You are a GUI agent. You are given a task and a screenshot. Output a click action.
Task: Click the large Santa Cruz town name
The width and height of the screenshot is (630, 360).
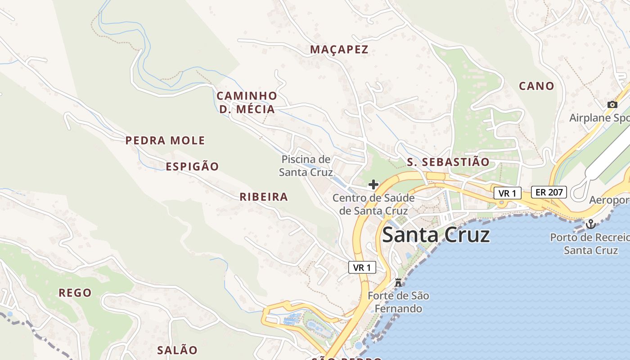tap(436, 235)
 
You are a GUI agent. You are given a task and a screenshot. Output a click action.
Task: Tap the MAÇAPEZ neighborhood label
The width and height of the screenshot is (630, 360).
tap(339, 49)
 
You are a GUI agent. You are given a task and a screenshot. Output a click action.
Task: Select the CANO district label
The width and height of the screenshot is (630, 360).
tap(536, 86)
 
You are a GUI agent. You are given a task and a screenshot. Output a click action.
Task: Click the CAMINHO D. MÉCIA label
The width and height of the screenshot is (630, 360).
tap(247, 103)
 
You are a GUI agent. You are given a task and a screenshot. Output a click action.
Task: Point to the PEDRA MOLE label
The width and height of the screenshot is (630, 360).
tap(165, 140)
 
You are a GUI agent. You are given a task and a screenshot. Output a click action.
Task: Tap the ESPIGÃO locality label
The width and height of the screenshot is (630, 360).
tap(192, 166)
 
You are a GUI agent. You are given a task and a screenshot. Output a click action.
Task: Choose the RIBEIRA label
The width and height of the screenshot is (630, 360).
tap(264, 197)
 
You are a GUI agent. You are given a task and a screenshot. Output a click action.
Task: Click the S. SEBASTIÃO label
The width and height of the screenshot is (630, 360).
tap(448, 162)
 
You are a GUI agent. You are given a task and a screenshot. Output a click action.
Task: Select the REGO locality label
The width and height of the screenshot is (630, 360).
tap(75, 293)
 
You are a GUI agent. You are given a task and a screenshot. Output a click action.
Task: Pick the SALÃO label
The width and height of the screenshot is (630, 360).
tap(177, 350)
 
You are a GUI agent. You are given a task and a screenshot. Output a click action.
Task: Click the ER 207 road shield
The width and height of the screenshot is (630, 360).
tap(549, 192)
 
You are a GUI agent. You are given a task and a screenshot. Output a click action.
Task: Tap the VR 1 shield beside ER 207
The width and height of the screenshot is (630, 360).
tap(507, 193)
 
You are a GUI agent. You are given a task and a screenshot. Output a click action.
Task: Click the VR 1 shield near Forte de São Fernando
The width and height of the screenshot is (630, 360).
tap(362, 267)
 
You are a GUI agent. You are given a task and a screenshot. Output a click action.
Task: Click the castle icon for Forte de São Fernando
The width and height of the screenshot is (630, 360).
tap(398, 283)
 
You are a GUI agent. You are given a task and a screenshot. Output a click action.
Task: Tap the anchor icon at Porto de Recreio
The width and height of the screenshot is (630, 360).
tap(590, 224)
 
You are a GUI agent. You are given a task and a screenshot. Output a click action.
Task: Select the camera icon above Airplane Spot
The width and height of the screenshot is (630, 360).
tap(612, 104)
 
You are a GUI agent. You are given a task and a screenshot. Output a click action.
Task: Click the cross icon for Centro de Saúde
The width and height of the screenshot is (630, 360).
tap(373, 184)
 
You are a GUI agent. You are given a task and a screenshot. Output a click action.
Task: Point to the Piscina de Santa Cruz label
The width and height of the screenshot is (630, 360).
tap(306, 166)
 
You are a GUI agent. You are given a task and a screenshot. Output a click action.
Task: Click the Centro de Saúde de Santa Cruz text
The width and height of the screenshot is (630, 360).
tap(373, 204)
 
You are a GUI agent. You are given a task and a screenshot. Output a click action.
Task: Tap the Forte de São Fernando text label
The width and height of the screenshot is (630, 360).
tap(398, 302)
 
